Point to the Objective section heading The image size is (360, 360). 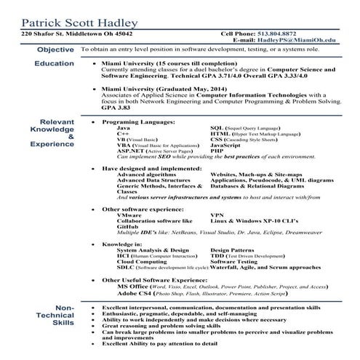point(55,50)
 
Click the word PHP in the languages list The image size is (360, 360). point(216,152)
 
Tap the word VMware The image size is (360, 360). point(129,215)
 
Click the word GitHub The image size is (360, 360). point(127,226)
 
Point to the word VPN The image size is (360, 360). point(217,215)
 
